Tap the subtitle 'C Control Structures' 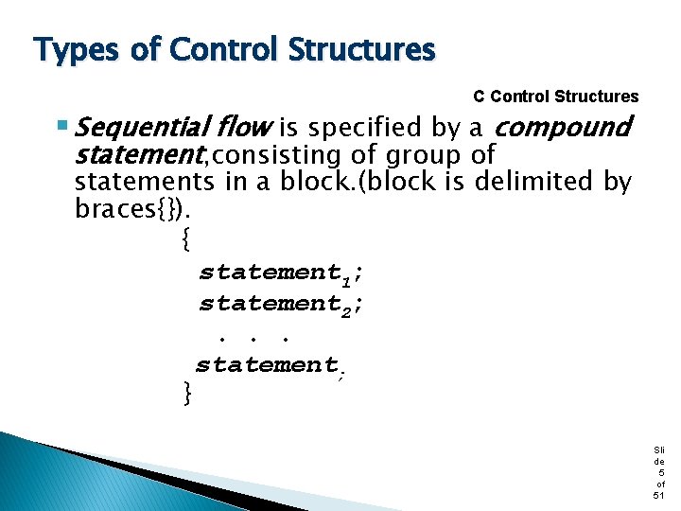pyautogui.click(x=555, y=97)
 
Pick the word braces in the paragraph pyautogui.click(x=117, y=208)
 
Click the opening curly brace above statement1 pyautogui.click(x=185, y=241)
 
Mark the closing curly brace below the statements pyautogui.click(x=187, y=390)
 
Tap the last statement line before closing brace pyautogui.click(x=270, y=366)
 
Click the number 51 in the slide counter pyautogui.click(x=658, y=495)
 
